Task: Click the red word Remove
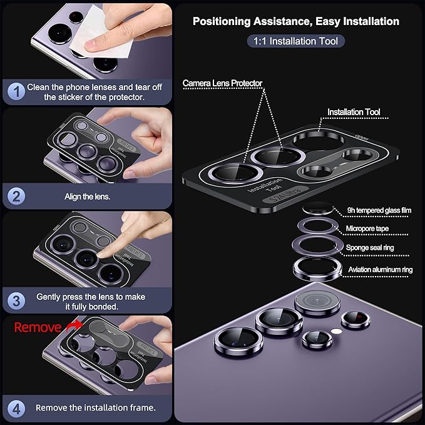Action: (38, 327)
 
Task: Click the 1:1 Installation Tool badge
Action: (295, 41)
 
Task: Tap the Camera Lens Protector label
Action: (222, 83)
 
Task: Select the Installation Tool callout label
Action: (354, 112)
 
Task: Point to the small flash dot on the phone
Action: (337, 329)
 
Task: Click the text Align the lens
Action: (87, 196)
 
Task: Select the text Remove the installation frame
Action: (95, 407)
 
